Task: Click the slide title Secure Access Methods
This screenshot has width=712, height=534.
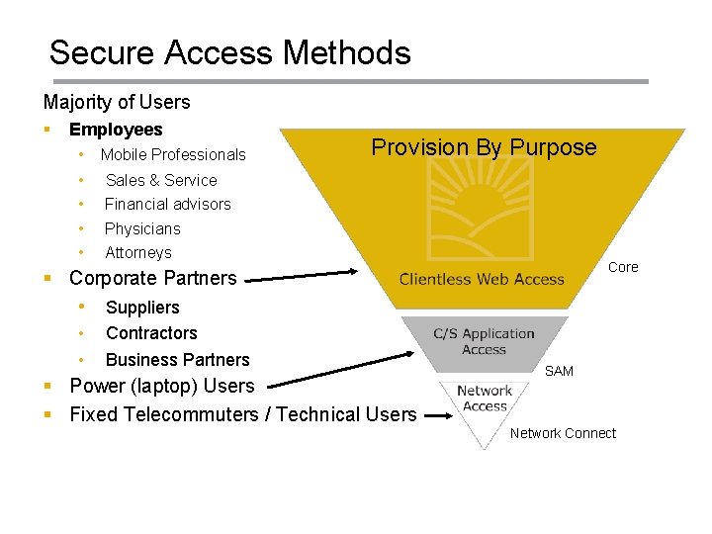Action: [x=229, y=52]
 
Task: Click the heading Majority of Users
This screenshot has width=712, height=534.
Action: [x=117, y=102]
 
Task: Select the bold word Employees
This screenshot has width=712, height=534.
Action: [x=116, y=130]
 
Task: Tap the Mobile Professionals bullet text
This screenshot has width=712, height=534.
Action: [x=173, y=154]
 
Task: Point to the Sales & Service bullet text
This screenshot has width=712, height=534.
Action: [x=161, y=180]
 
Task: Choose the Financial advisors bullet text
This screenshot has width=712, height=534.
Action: [x=167, y=204]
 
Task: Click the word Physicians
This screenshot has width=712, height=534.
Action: [x=142, y=228]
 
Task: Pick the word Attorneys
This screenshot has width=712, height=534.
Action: [x=138, y=253]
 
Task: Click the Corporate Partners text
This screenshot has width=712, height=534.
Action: [x=153, y=278]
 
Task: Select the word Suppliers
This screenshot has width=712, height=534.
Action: [x=142, y=308]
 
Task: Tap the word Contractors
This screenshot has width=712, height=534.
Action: [x=151, y=333]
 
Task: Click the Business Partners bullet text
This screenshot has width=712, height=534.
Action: [x=177, y=360]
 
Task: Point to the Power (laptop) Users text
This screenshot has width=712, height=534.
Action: [x=161, y=386]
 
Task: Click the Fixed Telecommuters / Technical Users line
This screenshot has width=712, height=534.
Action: [x=242, y=414]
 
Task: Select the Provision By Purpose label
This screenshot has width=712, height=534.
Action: [x=484, y=148]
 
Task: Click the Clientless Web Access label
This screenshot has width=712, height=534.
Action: [x=482, y=279]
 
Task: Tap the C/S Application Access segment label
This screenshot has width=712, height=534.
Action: [x=484, y=341]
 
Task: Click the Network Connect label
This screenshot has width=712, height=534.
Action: [x=563, y=433]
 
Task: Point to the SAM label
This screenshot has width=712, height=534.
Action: [x=559, y=371]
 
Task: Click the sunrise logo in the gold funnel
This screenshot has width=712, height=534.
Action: [x=482, y=219]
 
